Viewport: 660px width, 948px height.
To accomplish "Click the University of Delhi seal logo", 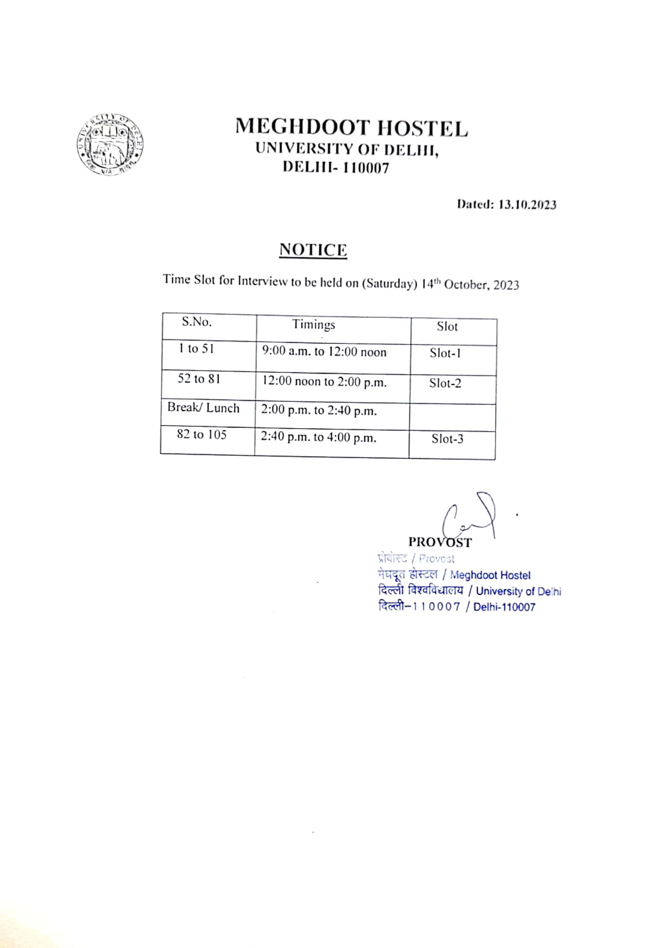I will [110, 144].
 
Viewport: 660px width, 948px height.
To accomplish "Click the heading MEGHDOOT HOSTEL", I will [351, 127].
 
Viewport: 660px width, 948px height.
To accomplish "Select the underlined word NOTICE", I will [313, 250].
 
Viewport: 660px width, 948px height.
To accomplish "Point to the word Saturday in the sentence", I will [389, 284].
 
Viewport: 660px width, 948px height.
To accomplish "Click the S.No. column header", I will [197, 322].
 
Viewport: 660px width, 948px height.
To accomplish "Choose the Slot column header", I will [447, 327].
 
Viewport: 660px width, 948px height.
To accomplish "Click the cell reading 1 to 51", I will [196, 349].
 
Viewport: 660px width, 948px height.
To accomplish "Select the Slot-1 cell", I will [445, 353].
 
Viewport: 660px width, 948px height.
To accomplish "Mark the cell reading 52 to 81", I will [199, 379].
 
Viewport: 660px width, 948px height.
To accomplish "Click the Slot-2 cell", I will [445, 383].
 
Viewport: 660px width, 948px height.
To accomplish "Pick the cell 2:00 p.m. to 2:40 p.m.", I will [319, 410].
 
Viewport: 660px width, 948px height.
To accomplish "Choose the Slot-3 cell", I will [447, 439].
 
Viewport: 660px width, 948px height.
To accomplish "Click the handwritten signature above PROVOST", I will [471, 515].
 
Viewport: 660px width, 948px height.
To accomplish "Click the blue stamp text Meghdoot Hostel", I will [490, 575].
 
